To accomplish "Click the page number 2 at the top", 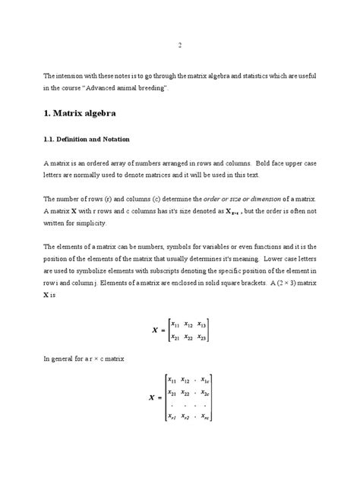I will click(179, 45).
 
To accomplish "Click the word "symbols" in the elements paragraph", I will click(163, 247).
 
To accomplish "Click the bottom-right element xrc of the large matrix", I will click(207, 415).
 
